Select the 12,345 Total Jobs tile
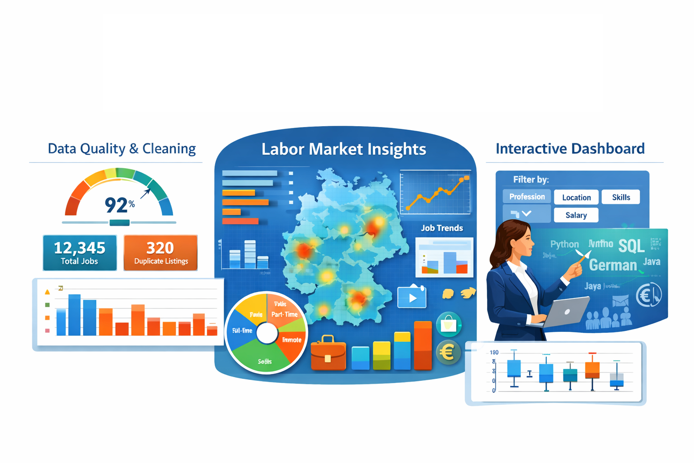pyautogui.click(x=80, y=252)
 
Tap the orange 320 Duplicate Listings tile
pyautogui.click(x=160, y=252)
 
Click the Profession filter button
pyautogui.click(x=527, y=197)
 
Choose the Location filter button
pyautogui.click(x=576, y=197)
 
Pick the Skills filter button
pyautogui.click(x=621, y=197)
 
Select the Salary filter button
pyautogui.click(x=576, y=215)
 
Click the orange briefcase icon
pyautogui.click(x=328, y=354)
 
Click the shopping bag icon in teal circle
pyautogui.click(x=449, y=324)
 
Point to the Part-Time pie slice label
pyautogui.click(x=285, y=314)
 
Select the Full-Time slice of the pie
pyautogui.click(x=242, y=331)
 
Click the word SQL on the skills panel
pyautogui.click(x=631, y=246)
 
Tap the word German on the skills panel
pyautogui.click(x=613, y=265)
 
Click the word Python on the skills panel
pyautogui.click(x=564, y=245)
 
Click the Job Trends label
pyautogui.click(x=442, y=228)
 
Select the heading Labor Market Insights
pyautogui.click(x=344, y=149)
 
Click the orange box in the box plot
pyautogui.click(x=592, y=370)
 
